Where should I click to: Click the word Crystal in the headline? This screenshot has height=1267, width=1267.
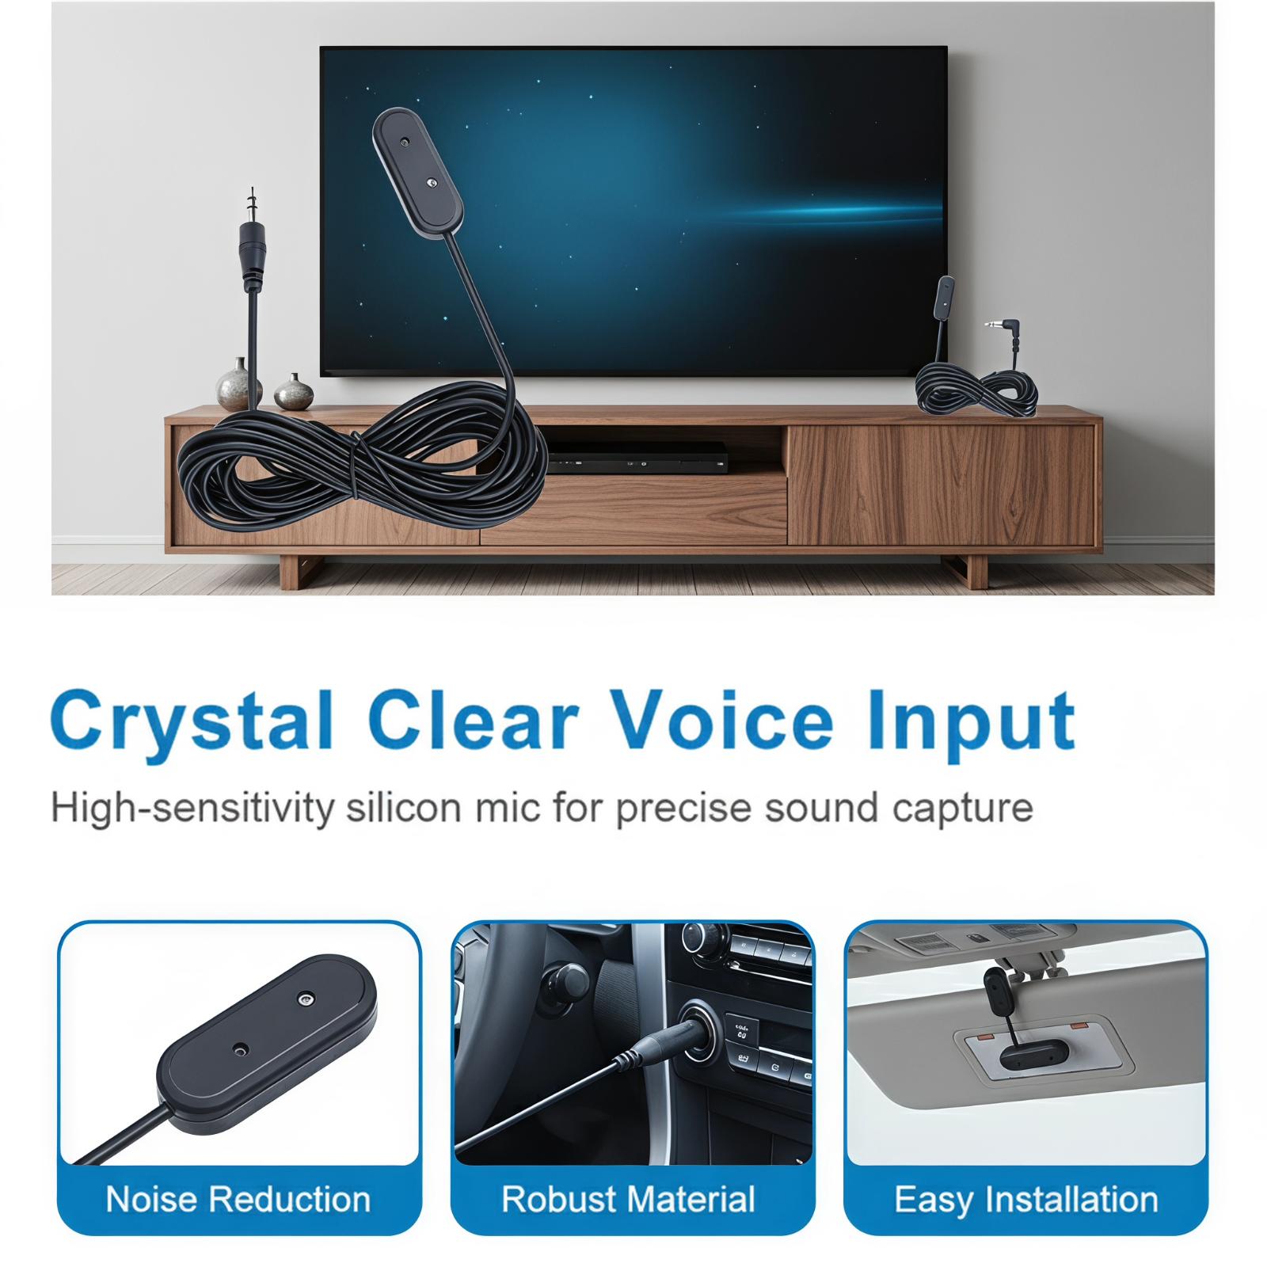tap(191, 720)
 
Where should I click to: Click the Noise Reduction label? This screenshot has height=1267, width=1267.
tap(238, 1200)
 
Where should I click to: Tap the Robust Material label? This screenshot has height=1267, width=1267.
tap(628, 1200)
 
